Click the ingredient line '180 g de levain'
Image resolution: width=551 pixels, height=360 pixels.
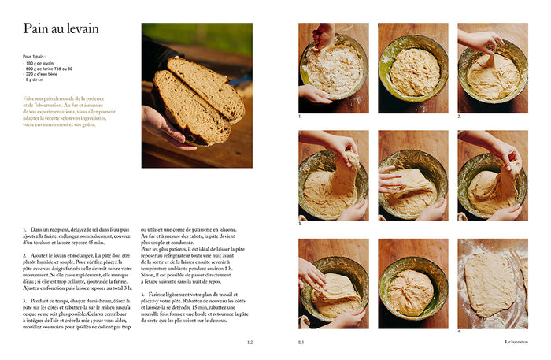(x=39, y=62)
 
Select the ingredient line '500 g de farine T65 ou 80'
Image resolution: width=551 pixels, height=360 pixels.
(x=49, y=68)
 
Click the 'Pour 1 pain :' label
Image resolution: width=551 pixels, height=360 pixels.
(x=34, y=57)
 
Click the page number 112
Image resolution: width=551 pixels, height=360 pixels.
(x=250, y=342)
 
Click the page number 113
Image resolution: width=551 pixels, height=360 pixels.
(x=301, y=342)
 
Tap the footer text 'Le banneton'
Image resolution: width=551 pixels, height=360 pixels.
(x=516, y=342)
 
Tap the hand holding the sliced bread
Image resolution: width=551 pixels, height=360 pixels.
(x=161, y=126)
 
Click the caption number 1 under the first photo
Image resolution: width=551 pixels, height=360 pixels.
(x=300, y=116)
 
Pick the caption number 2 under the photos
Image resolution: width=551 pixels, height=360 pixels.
(x=460, y=116)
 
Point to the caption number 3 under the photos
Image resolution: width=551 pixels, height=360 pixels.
(x=300, y=224)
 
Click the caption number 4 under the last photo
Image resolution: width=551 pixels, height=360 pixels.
(x=460, y=331)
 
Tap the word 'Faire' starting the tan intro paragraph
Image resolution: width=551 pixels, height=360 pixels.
(x=30, y=98)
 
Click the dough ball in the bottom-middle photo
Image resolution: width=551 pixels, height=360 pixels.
(x=412, y=285)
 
